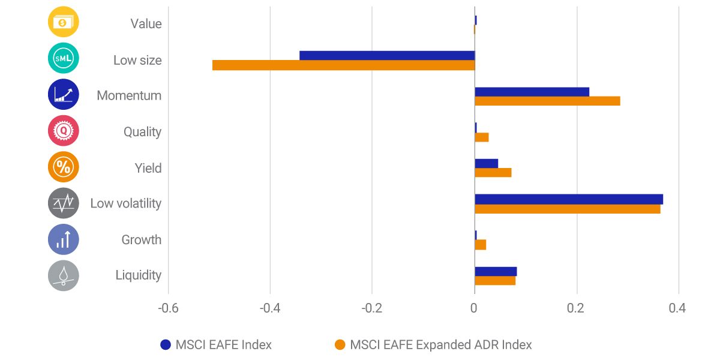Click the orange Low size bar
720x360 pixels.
click(x=343, y=65)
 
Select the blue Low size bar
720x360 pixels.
click(x=387, y=56)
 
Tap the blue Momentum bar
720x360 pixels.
click(x=532, y=92)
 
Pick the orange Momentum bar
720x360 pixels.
click(x=547, y=101)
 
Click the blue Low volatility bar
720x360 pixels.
click(x=569, y=199)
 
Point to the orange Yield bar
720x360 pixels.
click(x=493, y=173)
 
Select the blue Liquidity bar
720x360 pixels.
click(x=496, y=271)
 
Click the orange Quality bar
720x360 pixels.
click(x=482, y=137)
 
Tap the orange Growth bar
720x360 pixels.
click(x=481, y=245)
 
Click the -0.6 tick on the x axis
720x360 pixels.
click(x=167, y=308)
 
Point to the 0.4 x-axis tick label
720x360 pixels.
click(x=677, y=308)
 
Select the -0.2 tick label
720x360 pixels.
click(x=371, y=308)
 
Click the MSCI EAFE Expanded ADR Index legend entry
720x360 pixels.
click(x=440, y=345)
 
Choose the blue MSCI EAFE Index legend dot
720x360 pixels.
click(x=166, y=345)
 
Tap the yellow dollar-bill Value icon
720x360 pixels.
click(x=63, y=23)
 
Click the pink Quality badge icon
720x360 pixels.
click(x=63, y=131)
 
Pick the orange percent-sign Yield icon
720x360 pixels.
click(x=63, y=167)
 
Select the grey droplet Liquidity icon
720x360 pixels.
click(x=63, y=275)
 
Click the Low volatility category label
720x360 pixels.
click(x=126, y=203)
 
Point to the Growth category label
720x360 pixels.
click(x=142, y=239)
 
